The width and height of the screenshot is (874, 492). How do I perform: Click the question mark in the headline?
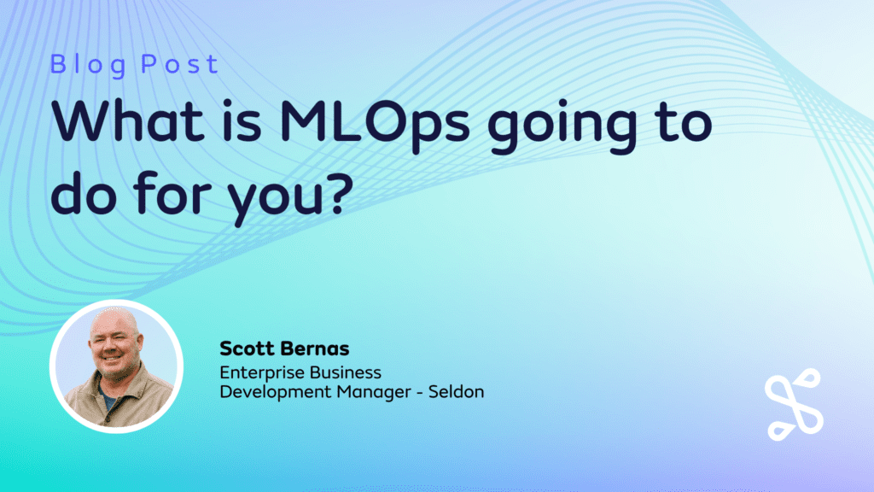coord(341,194)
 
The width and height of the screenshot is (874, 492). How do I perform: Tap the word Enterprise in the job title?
coord(259,373)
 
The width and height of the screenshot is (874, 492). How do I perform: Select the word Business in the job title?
coord(342,373)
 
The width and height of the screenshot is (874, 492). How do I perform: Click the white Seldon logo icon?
coord(792,403)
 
